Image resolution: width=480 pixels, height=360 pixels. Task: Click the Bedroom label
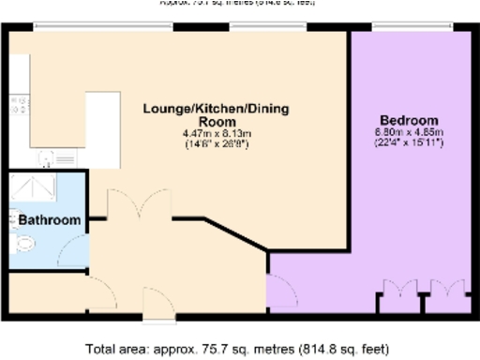click(413, 121)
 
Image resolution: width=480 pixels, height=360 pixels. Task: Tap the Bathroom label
click(49, 220)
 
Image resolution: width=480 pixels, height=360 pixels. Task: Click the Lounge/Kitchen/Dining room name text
click(216, 115)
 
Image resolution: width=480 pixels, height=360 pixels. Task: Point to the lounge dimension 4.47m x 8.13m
click(216, 134)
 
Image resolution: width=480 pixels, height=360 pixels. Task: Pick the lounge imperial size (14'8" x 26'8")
click(216, 144)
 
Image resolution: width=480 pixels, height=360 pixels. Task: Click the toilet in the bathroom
click(23, 244)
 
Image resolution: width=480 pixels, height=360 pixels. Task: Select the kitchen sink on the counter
click(18, 106)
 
